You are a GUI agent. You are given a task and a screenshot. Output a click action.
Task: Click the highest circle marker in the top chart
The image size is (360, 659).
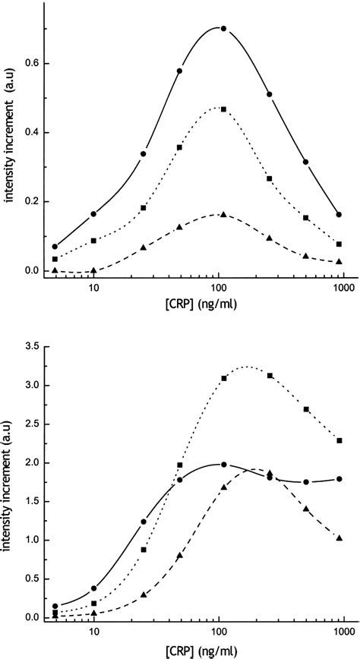pyautogui.click(x=223, y=28)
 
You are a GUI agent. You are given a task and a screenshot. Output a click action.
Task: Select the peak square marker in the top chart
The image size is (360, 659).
pyautogui.click(x=223, y=109)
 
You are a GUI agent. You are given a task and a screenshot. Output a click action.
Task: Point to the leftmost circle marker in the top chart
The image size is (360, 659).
pyautogui.click(x=55, y=246)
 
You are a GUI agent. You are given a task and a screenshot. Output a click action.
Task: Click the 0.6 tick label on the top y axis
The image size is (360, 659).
pyautogui.click(x=31, y=63)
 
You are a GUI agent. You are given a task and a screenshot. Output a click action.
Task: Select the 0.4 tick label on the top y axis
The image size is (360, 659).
pyautogui.click(x=31, y=132)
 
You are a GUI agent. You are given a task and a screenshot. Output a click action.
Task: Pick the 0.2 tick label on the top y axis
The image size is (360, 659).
pyautogui.click(x=31, y=201)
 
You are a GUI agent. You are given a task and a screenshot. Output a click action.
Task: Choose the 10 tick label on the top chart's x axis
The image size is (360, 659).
pyautogui.click(x=93, y=289)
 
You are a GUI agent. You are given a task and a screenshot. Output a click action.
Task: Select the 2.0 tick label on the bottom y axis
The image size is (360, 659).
pyautogui.click(x=31, y=462)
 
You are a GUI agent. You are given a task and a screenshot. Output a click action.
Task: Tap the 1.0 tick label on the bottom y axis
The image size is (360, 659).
pyautogui.click(x=31, y=540)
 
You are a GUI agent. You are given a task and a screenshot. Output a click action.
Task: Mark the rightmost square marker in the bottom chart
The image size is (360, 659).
pyautogui.click(x=339, y=440)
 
